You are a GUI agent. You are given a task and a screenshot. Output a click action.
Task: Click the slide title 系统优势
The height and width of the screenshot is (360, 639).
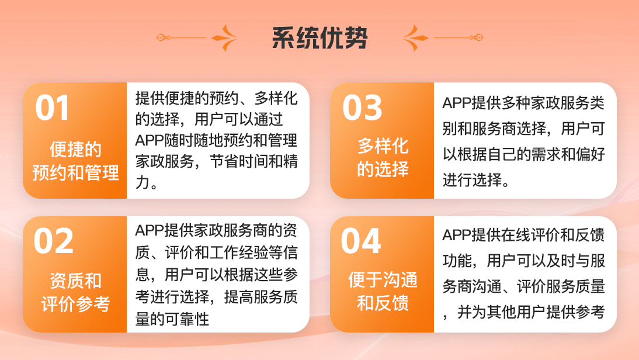pos(319,38)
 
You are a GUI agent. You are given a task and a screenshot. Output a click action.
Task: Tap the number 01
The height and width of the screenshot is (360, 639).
pos(53,108)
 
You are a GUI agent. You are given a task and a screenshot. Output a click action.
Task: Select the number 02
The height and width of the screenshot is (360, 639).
pos(54,241)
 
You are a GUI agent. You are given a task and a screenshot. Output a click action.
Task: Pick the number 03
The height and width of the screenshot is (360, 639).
pos(362,108)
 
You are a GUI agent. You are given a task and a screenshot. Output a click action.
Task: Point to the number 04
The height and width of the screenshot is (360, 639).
pos(361,241)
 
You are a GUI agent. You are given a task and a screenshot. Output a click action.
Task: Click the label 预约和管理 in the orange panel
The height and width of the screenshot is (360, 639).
pos(76,173)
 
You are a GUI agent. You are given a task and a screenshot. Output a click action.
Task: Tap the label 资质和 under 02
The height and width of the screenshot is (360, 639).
pos(76,281)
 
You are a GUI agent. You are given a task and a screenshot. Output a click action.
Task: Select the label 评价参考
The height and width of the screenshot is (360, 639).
pos(76,304)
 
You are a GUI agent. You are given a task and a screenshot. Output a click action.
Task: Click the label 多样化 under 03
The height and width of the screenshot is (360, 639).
pos(383,146)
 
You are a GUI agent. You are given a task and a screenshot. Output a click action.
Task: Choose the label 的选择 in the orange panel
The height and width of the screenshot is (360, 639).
pos(383,169)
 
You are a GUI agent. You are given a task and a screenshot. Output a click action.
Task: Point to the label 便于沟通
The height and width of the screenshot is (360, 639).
pos(383,280)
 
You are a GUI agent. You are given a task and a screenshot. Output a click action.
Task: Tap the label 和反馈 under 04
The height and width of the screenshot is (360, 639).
pos(383,304)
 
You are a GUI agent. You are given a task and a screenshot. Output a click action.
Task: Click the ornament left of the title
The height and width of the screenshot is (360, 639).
pos(197,38)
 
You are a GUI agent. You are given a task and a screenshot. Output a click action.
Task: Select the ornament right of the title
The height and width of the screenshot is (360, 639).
pos(442,38)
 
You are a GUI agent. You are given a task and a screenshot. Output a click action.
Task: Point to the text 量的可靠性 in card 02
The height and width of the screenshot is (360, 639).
pos(172,319)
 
